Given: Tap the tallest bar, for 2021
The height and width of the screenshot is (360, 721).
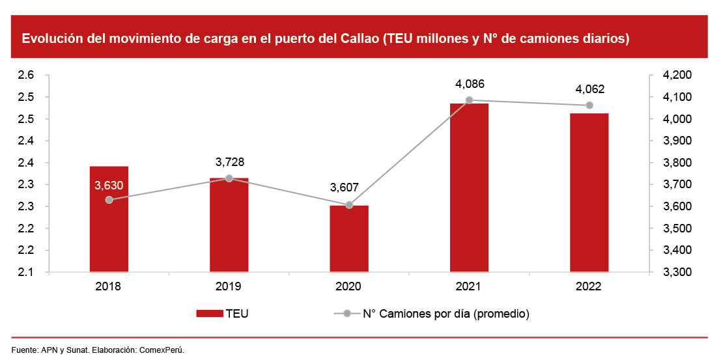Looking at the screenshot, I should pyautogui.click(x=469, y=189).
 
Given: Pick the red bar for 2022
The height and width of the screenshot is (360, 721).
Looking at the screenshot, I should pyautogui.click(x=589, y=195).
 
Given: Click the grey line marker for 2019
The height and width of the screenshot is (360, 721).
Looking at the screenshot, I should pyautogui.click(x=229, y=178).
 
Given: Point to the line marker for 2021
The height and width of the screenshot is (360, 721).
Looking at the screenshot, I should pyautogui.click(x=469, y=100).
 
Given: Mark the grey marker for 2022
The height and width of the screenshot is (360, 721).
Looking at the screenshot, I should pyautogui.click(x=589, y=105).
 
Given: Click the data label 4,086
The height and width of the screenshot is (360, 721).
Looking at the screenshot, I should pyautogui.click(x=470, y=84).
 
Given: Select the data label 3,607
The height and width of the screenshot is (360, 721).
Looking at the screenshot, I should pyautogui.click(x=349, y=188).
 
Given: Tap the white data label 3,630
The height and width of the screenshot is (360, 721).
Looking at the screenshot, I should pyautogui.click(x=109, y=186).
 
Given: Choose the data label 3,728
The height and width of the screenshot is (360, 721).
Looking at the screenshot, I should pyautogui.click(x=229, y=162).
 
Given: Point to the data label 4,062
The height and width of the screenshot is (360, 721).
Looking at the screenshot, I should pyautogui.click(x=589, y=89).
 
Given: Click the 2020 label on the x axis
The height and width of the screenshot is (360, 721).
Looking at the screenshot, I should pyautogui.click(x=349, y=286).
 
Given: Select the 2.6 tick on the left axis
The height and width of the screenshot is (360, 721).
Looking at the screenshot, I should pyautogui.click(x=26, y=76).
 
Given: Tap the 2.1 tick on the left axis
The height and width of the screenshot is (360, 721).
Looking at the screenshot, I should pyautogui.click(x=26, y=272).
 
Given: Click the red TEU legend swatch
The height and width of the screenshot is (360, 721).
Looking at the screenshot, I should pyautogui.click(x=209, y=314).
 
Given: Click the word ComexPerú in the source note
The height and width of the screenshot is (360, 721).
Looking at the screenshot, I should pyautogui.click(x=163, y=350).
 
